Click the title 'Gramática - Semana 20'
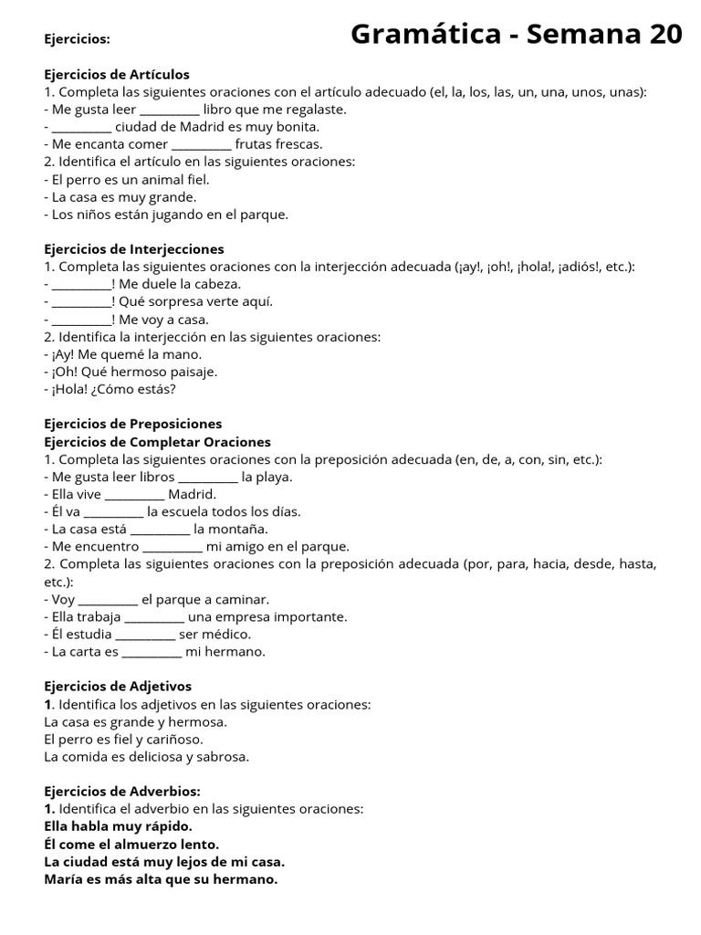click(516, 35)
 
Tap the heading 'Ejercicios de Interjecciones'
click(133, 248)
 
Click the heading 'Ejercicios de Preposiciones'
click(132, 424)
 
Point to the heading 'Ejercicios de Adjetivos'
click(118, 686)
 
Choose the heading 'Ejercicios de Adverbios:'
click(122, 791)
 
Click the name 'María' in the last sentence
click(64, 879)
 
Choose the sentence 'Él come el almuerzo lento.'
click(131, 844)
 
